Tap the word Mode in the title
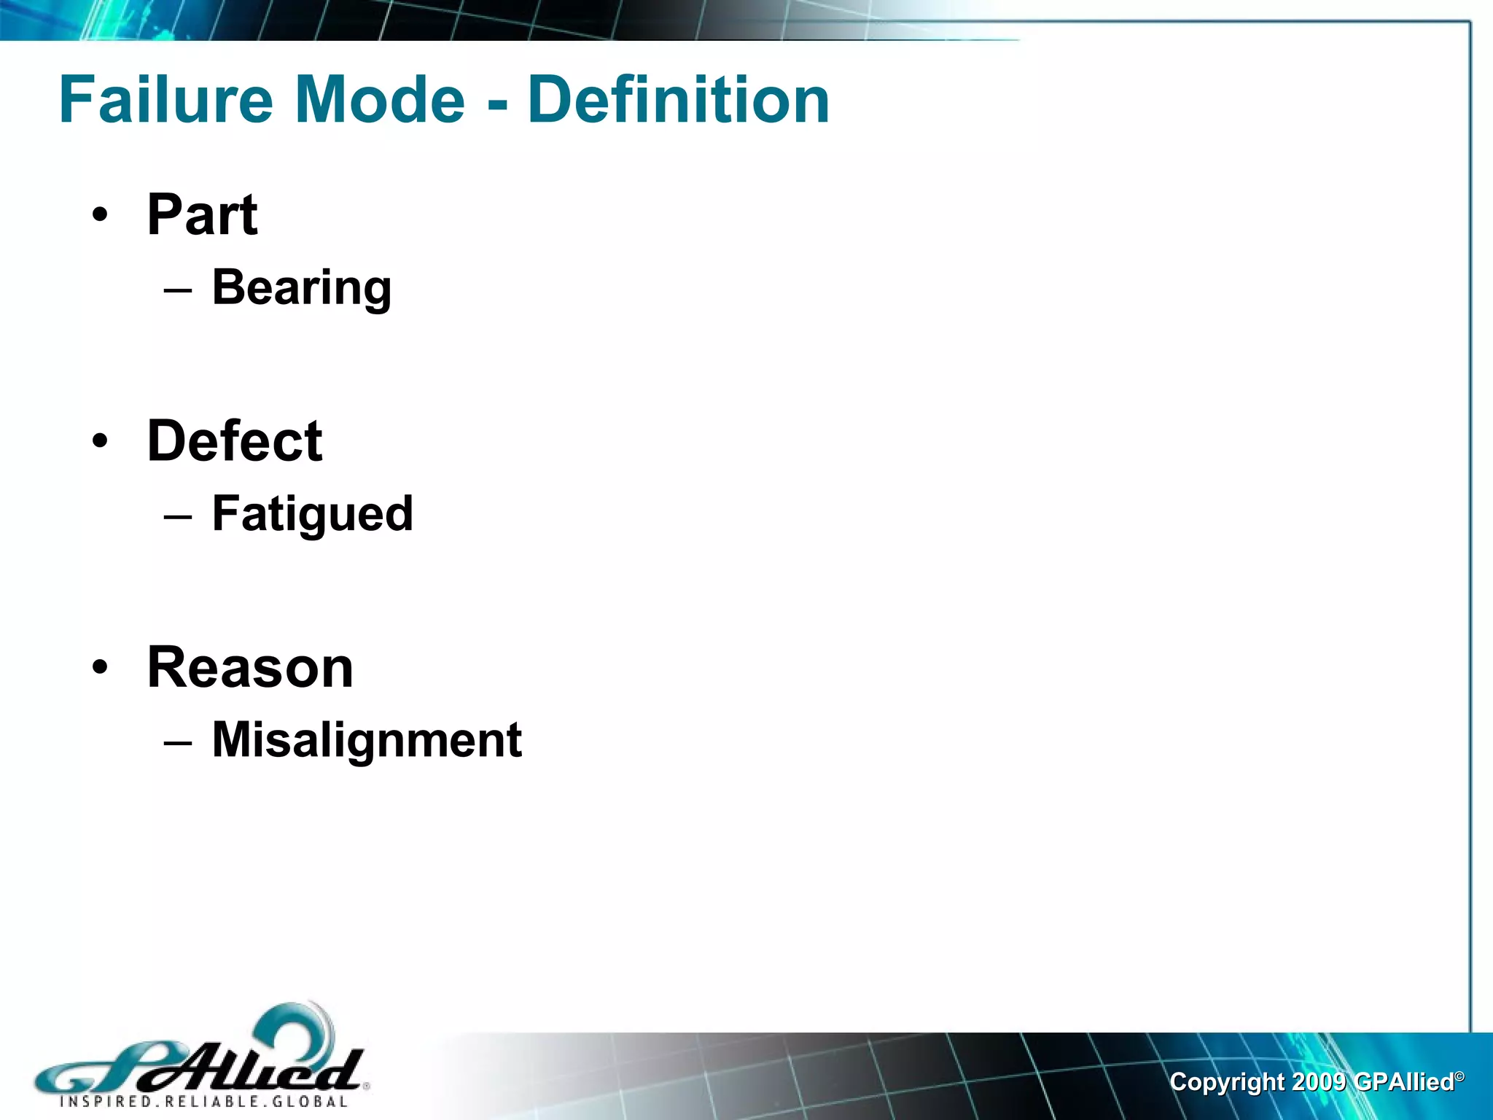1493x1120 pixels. click(x=379, y=100)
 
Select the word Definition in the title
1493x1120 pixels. click(x=678, y=100)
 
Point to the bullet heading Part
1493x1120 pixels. click(x=202, y=215)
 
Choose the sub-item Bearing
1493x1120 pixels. click(x=302, y=288)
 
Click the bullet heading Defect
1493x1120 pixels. click(x=235, y=441)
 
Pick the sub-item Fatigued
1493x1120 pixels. click(x=313, y=514)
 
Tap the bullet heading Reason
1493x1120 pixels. click(x=250, y=667)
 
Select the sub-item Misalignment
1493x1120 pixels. click(x=367, y=740)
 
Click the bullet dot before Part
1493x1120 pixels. click(x=100, y=217)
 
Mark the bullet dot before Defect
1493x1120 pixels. click(x=100, y=442)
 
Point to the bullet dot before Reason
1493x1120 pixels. click(x=100, y=668)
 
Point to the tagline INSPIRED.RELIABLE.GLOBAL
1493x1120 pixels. click(x=203, y=1102)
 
